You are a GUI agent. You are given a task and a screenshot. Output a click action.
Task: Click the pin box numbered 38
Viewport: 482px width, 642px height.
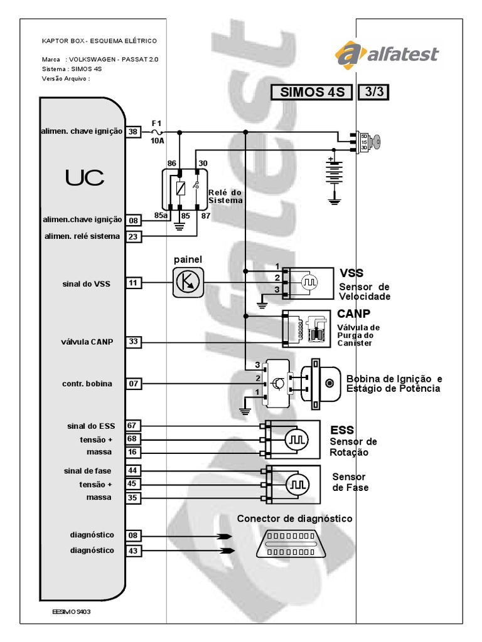pos(133,132)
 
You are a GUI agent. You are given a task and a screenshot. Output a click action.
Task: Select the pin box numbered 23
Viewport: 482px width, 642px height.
pos(133,236)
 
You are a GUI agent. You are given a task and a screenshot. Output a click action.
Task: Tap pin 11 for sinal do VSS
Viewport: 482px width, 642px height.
pos(133,283)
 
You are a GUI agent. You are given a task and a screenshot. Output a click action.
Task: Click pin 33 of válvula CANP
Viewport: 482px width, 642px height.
pos(133,342)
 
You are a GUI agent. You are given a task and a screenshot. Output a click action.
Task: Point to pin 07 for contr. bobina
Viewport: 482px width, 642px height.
pos(133,383)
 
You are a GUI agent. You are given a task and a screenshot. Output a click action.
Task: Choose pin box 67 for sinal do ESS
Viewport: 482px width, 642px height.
pos(133,426)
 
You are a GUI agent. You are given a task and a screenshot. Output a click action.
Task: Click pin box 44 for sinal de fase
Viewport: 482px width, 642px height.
pos(133,471)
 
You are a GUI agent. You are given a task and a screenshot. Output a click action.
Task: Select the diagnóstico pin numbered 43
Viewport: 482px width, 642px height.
pos(133,550)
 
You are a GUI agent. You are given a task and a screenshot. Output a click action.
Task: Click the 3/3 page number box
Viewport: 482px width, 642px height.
pos(373,92)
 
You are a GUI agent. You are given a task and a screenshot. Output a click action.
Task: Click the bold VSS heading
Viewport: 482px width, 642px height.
pos(351,273)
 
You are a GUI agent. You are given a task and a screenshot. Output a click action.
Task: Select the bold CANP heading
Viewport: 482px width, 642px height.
pos(354,313)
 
